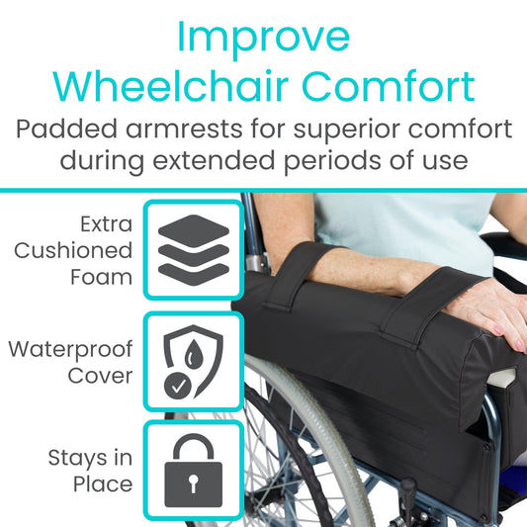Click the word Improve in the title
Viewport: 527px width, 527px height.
[263, 37]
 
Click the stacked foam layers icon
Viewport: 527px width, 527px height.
[194, 249]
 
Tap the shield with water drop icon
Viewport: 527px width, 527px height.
[194, 362]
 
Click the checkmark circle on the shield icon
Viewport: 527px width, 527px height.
[179, 386]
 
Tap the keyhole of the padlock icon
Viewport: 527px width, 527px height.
[194, 482]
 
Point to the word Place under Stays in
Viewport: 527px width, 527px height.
[103, 483]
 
